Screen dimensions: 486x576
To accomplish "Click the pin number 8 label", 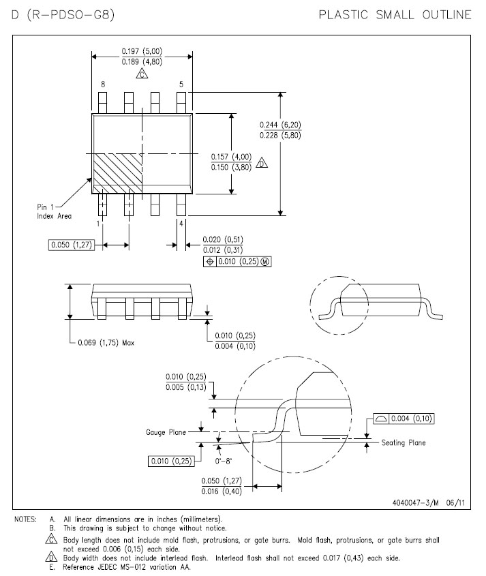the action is click(x=103, y=84).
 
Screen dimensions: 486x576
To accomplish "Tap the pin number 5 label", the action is click(x=181, y=84).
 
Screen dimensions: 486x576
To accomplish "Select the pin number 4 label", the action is click(x=181, y=224).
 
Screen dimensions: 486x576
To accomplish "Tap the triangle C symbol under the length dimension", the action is click(x=142, y=74).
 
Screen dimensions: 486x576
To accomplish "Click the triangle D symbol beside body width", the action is click(x=262, y=162).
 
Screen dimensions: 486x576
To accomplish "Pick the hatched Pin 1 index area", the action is click(x=117, y=173).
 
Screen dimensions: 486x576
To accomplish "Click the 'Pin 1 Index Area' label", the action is click(x=54, y=211).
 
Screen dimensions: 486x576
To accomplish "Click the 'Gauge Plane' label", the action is click(x=166, y=432).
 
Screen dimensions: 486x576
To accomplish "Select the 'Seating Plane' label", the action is click(x=404, y=442).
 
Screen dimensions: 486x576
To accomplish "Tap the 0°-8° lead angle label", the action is click(x=224, y=461).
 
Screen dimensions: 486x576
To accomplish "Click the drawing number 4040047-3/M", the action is click(x=416, y=502).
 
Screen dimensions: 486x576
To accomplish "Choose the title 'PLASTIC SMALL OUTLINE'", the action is click(x=395, y=15).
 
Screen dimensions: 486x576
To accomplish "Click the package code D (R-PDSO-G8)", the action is click(x=63, y=15).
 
